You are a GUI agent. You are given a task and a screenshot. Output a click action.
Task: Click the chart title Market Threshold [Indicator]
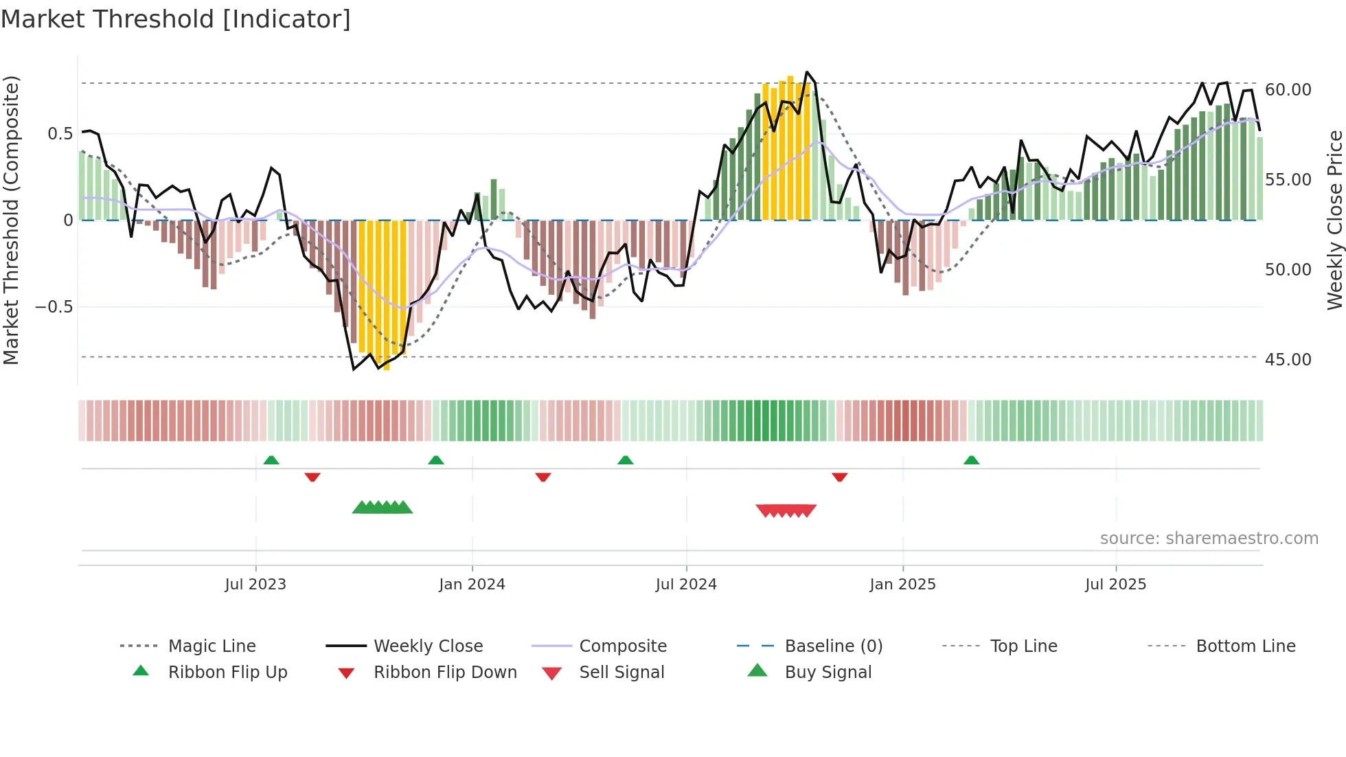click(x=176, y=19)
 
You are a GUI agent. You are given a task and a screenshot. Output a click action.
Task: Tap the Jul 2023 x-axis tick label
click(x=255, y=585)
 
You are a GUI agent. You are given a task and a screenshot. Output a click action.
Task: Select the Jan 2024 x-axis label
click(x=472, y=585)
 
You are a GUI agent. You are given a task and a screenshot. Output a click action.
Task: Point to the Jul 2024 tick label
click(x=686, y=585)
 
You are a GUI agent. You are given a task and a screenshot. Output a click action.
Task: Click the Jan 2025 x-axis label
click(x=902, y=585)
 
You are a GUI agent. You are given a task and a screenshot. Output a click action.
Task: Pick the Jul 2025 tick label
click(x=1115, y=585)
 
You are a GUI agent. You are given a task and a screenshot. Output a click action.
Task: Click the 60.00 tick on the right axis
click(x=1288, y=90)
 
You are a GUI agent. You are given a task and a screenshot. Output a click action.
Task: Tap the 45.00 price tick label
click(x=1288, y=360)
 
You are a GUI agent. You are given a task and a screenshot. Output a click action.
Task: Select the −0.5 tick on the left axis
click(x=54, y=307)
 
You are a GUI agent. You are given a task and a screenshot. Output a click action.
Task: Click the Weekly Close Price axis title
click(x=1334, y=220)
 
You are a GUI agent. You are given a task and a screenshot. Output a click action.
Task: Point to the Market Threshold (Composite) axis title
click(x=11, y=220)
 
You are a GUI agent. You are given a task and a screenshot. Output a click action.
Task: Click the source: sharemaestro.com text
click(x=1209, y=539)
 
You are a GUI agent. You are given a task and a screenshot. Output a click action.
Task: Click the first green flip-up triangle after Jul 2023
click(x=271, y=460)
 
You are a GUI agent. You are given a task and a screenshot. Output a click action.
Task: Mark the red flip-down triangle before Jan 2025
click(x=839, y=477)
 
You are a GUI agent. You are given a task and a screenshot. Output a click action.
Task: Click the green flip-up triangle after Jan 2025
click(x=971, y=460)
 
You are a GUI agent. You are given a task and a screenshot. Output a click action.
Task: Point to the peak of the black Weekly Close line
click(x=807, y=72)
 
